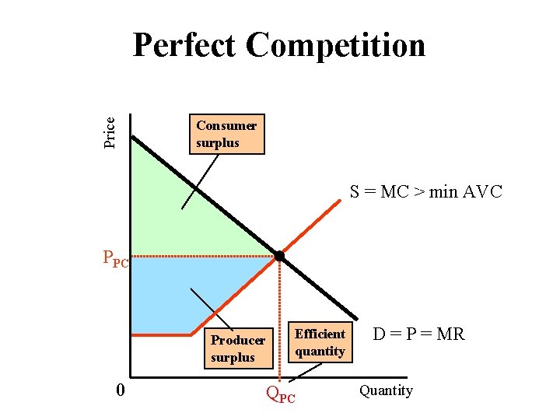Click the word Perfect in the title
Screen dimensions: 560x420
tap(184, 45)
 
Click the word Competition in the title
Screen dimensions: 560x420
tap(336, 45)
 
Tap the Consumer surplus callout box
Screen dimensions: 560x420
tap(226, 135)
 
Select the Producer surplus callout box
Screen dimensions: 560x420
tap(237, 348)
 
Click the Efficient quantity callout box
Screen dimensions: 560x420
tap(320, 342)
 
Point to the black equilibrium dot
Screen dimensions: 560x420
tap(279, 256)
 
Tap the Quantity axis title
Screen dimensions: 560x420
tap(386, 390)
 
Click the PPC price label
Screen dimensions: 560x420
tap(115, 257)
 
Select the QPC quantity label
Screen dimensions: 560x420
tap(281, 394)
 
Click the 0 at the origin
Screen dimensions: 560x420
tap(119, 389)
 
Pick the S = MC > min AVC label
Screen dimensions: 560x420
tap(425, 191)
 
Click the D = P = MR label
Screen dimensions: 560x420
tap(418, 334)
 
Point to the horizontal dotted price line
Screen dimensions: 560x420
tap(202, 256)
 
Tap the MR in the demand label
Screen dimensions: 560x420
tap(450, 334)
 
